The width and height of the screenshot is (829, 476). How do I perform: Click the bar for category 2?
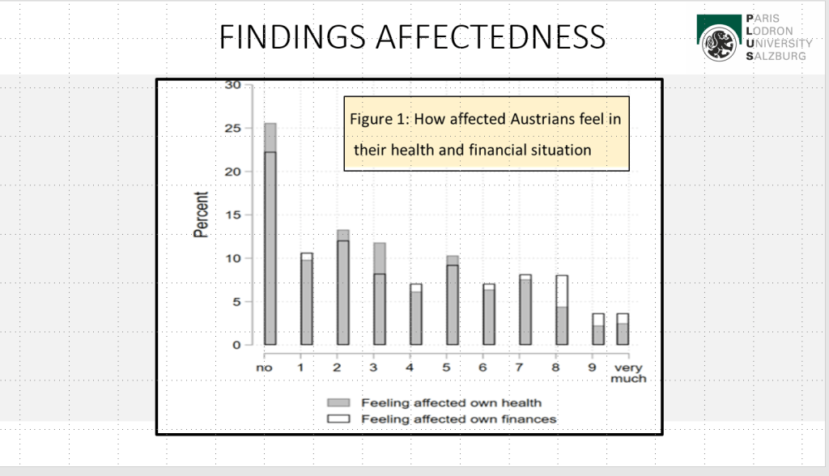(x=343, y=291)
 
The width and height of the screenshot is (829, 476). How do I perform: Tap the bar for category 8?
(x=561, y=312)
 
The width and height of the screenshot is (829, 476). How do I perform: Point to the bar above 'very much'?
(x=622, y=330)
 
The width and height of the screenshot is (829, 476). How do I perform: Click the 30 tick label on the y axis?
(x=234, y=84)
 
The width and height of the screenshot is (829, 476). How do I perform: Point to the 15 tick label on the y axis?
(x=234, y=215)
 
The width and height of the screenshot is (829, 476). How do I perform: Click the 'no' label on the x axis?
(x=263, y=368)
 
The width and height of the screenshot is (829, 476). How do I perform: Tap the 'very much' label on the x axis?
(x=628, y=372)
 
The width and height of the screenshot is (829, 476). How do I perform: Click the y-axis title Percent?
(x=202, y=215)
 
